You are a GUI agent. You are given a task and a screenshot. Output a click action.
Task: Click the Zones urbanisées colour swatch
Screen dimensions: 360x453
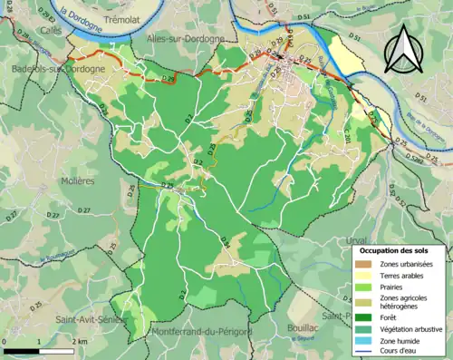pyautogui.click(x=367, y=263)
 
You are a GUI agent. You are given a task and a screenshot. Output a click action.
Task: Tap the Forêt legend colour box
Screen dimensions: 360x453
pyautogui.click(x=367, y=318)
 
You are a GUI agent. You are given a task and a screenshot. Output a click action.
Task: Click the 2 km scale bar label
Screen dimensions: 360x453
pyautogui.click(x=80, y=341)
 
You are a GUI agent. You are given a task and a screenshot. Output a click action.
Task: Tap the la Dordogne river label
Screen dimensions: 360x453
pyautogui.click(x=79, y=15)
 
